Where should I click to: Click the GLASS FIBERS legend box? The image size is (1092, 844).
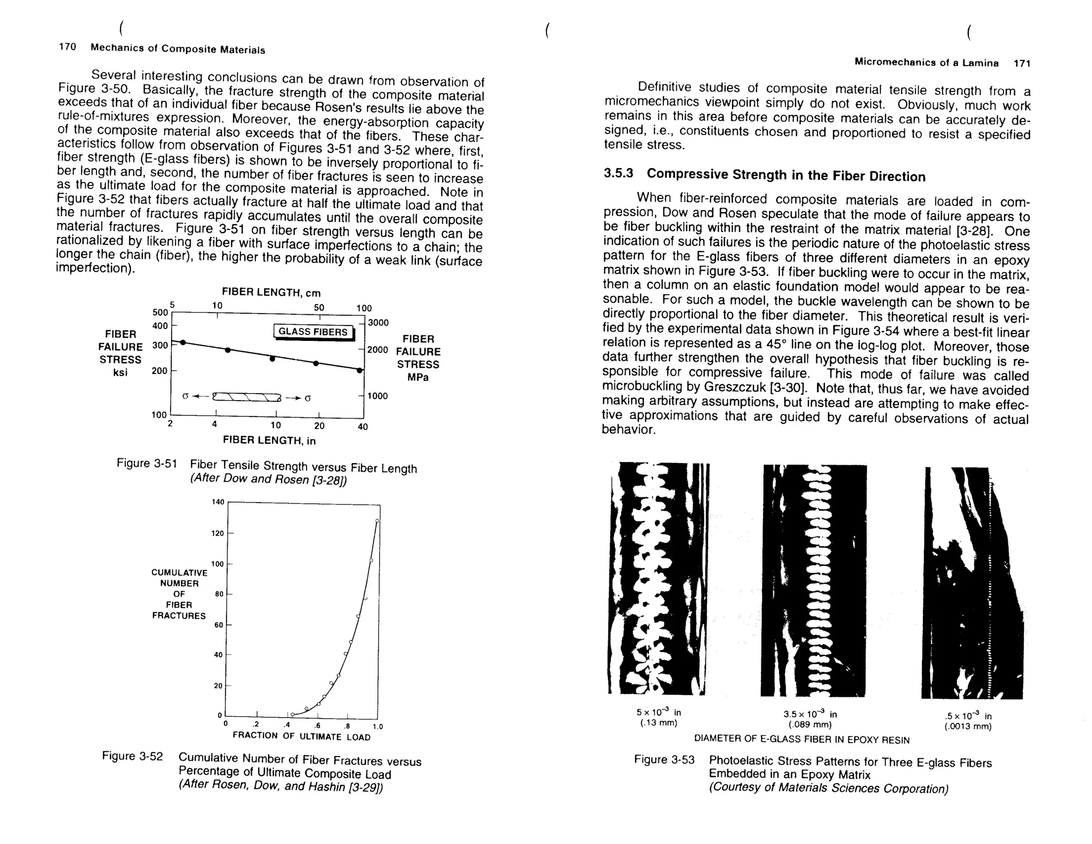[313, 332]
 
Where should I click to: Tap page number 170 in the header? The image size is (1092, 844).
[67, 47]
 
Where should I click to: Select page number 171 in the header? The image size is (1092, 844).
[1022, 63]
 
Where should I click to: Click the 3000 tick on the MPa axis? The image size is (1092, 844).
[379, 323]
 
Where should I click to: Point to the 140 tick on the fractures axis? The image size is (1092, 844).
[218, 502]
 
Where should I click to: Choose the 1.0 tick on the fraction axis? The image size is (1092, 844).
[378, 726]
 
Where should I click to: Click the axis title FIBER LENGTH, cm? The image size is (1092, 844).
[271, 292]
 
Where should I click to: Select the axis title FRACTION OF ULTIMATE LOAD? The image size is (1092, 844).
[301, 736]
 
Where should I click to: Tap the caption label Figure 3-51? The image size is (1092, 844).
[147, 463]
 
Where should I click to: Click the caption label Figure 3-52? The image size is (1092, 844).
[132, 756]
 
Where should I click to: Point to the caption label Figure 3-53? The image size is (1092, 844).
[664, 759]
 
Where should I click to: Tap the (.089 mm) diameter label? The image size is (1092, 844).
[810, 724]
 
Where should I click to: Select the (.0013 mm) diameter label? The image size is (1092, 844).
[968, 727]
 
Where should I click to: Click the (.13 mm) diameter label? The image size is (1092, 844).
[659, 723]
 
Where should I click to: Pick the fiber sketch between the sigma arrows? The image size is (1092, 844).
[246, 397]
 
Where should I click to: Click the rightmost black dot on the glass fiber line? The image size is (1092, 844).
[360, 370]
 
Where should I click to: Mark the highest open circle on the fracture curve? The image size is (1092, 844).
[377, 521]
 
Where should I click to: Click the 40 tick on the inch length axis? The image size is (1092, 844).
[363, 426]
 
